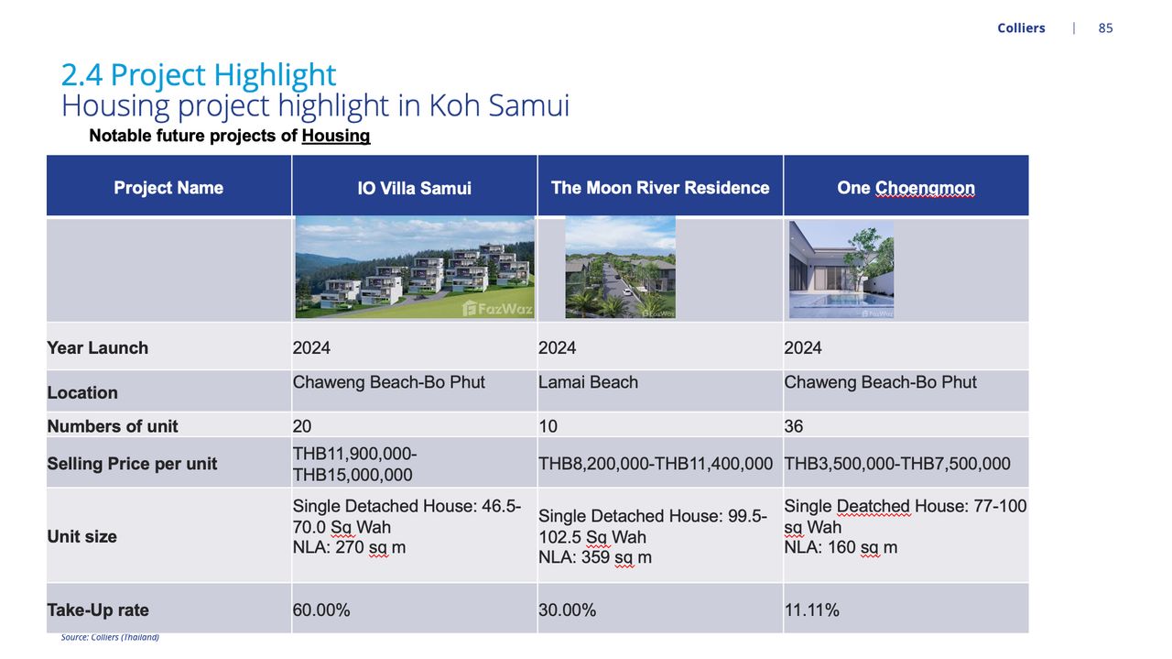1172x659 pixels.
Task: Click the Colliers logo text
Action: [1021, 27]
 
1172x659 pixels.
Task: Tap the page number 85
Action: [1105, 27]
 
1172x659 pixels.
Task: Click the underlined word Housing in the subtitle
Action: [336, 136]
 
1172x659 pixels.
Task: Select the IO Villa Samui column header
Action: [415, 188]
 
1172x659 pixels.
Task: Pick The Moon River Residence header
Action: [660, 188]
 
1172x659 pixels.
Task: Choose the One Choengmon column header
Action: [906, 188]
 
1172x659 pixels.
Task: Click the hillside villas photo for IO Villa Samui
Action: [415, 267]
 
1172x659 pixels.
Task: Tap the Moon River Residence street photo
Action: [620, 267]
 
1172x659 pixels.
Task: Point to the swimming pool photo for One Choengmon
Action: [841, 269]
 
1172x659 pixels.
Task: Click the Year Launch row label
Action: [97, 348]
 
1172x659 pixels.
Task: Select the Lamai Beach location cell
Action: [588, 382]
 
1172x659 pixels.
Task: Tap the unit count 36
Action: [793, 426]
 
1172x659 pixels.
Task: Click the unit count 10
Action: [548, 426]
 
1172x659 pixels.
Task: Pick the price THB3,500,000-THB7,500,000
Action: [897, 464]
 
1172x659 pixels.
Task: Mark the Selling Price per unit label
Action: [132, 464]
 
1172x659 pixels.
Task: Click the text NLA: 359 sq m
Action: [595, 557]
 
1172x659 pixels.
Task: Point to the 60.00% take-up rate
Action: [321, 610]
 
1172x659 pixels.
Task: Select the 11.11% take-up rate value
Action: [811, 610]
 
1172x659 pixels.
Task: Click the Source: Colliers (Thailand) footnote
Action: [110, 637]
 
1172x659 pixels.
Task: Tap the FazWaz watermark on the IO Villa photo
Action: [497, 309]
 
